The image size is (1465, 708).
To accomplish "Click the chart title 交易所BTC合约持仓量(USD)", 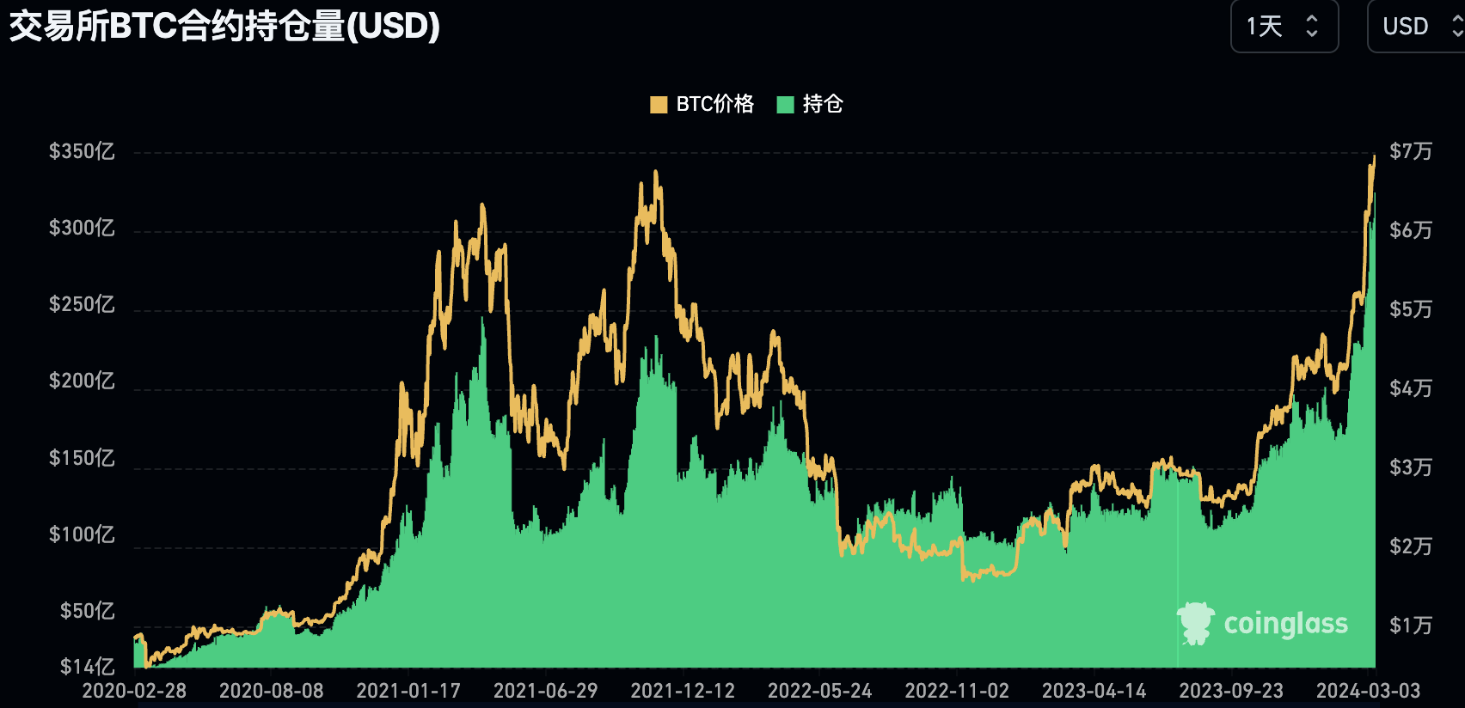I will coord(224,27).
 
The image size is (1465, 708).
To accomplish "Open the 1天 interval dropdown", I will coord(1284,27).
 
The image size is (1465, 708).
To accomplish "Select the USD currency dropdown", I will coord(1415,27).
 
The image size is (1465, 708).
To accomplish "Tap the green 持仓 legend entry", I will coord(811,104).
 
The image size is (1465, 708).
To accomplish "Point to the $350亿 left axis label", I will coord(82,152).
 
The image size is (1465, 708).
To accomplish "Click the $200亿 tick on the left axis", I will coord(82,381).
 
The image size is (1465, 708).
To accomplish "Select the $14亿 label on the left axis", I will coord(87,667).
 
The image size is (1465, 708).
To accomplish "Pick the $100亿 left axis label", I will coord(82,535).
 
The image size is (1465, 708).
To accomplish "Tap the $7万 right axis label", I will coord(1411,152).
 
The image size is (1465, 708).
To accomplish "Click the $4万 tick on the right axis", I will coord(1411,389).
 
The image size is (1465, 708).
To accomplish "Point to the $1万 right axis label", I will coord(1411,626).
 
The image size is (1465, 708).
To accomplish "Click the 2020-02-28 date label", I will coord(134,691).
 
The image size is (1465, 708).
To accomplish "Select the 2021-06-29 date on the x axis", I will coord(545,691).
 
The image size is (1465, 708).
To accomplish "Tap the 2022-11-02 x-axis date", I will coord(957,691).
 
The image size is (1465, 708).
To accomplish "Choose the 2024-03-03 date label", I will coord(1368,691).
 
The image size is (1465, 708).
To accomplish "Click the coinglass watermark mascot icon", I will coord(1195,623).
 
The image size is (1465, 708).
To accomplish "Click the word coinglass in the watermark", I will coord(1285,624).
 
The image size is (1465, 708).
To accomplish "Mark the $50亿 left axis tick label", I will coord(87,612).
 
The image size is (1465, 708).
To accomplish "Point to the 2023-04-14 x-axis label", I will coord(1094,691).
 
